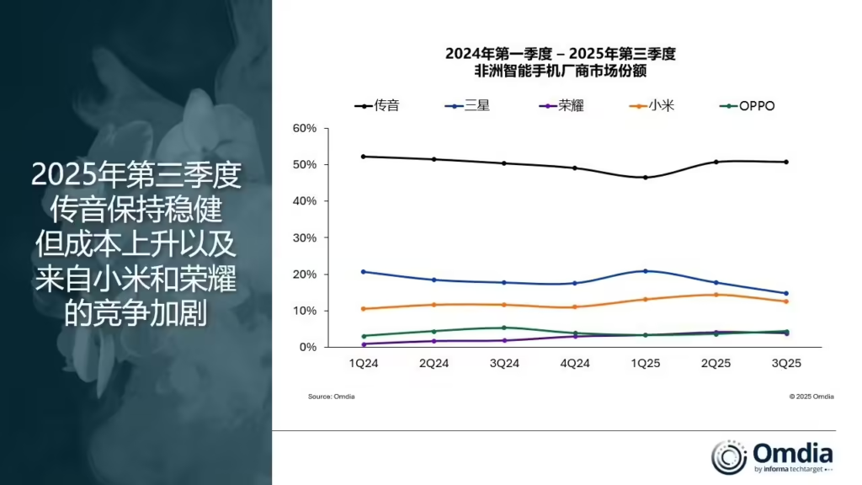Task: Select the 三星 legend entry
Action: (x=466, y=106)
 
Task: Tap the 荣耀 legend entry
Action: (x=559, y=106)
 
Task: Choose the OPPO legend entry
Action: (x=748, y=106)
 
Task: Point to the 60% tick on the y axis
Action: (x=305, y=128)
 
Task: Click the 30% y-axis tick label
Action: (x=305, y=238)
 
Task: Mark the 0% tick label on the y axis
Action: (x=307, y=348)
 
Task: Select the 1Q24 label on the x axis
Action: (x=363, y=364)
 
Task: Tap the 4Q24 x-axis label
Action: (x=575, y=364)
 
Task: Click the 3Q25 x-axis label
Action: (x=786, y=364)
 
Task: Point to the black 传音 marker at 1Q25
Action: (x=646, y=178)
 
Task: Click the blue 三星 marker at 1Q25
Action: (x=646, y=271)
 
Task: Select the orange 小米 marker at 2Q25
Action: (x=716, y=295)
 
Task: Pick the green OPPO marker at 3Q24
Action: (x=504, y=328)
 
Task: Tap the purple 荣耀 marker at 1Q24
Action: (x=363, y=344)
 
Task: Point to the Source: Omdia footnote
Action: (x=331, y=397)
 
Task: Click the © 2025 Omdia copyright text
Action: (x=811, y=397)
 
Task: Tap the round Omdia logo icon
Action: (x=729, y=456)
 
